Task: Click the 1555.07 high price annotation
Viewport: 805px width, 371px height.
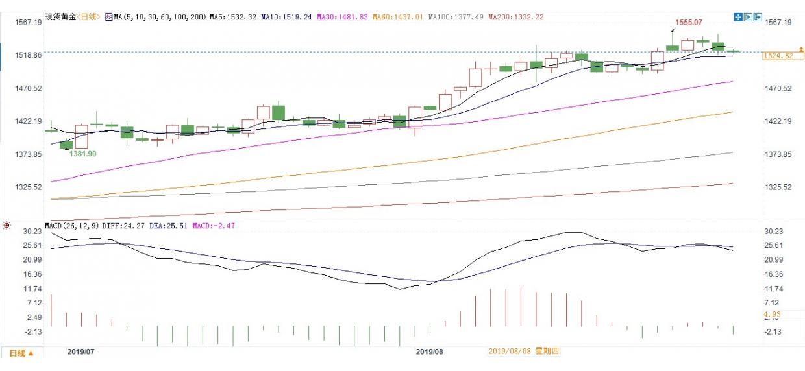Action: [x=689, y=22]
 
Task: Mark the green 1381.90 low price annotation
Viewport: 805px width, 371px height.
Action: [x=83, y=154]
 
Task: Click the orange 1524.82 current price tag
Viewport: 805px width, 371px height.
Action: [x=779, y=56]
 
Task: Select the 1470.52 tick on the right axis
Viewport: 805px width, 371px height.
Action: [x=778, y=88]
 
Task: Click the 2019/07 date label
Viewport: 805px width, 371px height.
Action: [x=81, y=351]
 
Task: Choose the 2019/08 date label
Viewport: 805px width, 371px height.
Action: [x=429, y=351]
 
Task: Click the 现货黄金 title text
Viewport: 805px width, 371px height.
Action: [x=58, y=17]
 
